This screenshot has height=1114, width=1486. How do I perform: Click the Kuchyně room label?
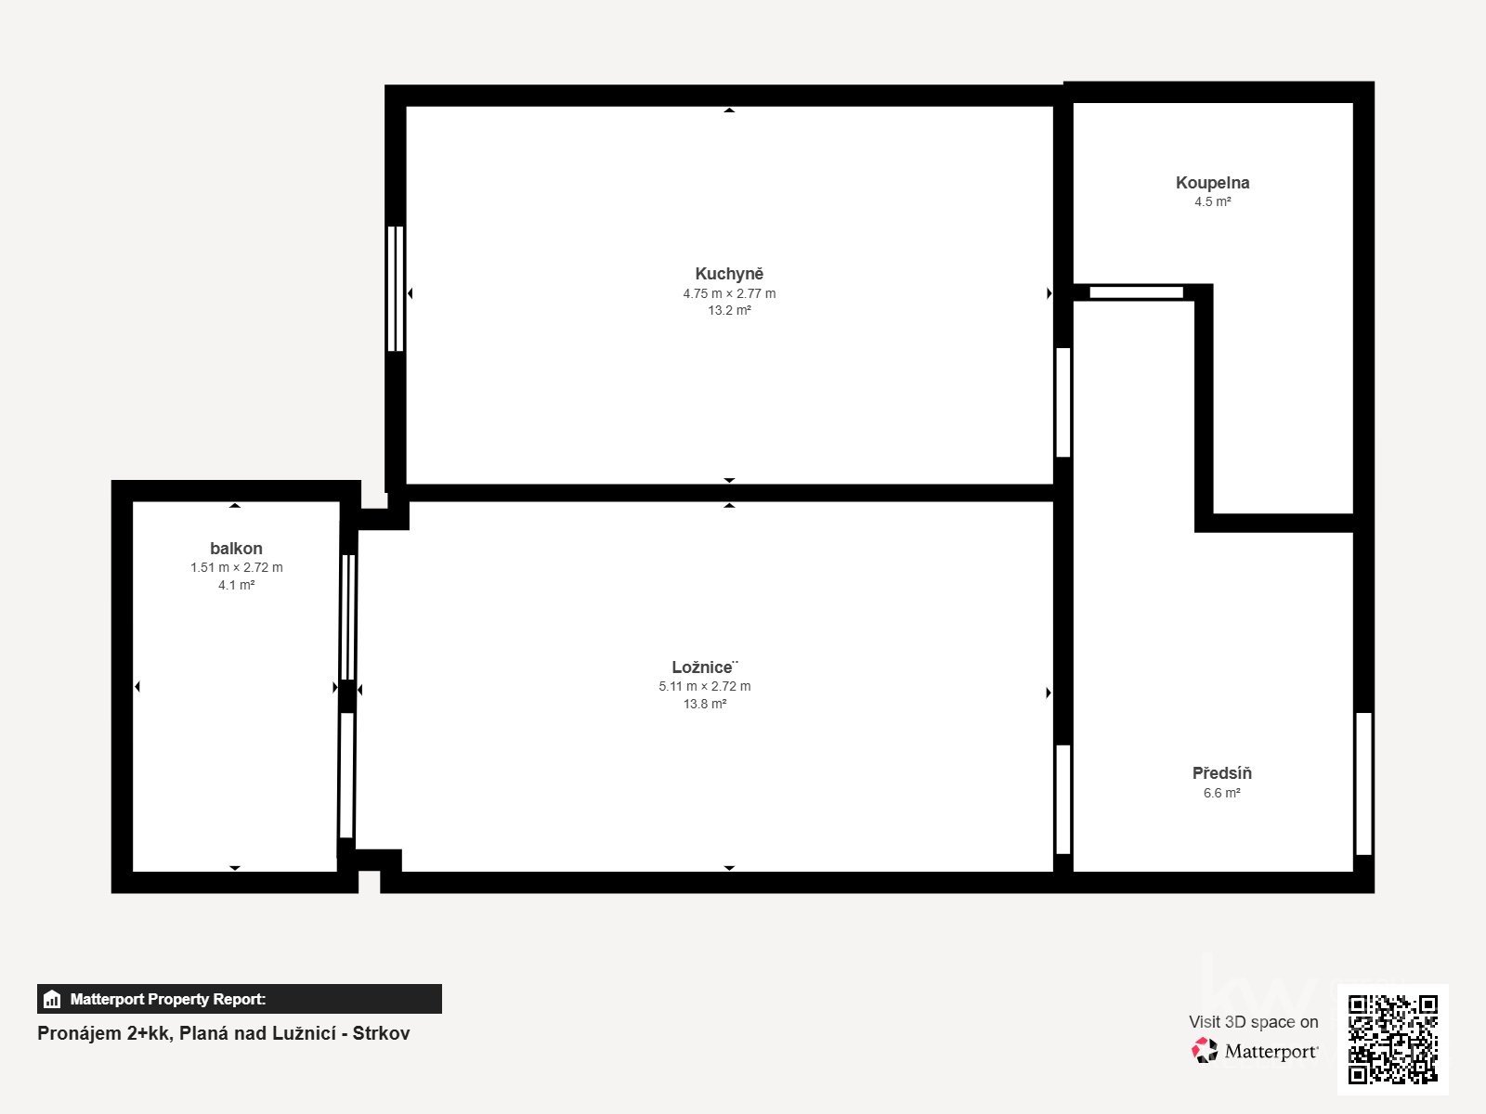tap(729, 274)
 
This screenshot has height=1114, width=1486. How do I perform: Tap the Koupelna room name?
tap(1213, 183)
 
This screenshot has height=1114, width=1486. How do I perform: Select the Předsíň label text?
tap(1222, 773)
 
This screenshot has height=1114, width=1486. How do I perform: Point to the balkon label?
tap(236, 549)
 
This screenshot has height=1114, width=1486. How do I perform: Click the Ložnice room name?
tap(705, 667)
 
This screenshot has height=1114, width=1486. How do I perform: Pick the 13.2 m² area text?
tap(730, 310)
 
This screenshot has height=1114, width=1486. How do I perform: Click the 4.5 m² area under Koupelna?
tap(1213, 201)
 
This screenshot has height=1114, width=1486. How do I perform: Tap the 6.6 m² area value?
tap(1222, 793)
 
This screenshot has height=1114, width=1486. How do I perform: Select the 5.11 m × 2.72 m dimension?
tap(705, 687)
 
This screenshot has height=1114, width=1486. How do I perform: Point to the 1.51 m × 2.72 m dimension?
tap(236, 567)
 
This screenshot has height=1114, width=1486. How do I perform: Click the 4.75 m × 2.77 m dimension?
tap(729, 293)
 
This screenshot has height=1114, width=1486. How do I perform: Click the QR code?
tap(1393, 1039)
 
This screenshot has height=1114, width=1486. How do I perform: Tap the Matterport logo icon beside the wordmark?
tap(1205, 1051)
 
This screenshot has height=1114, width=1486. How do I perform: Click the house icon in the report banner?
tap(52, 999)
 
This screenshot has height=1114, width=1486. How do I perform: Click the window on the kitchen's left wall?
tap(396, 289)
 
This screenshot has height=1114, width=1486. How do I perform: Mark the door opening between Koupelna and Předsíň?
tap(1136, 292)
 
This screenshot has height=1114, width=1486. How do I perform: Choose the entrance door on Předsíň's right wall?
tap(1363, 784)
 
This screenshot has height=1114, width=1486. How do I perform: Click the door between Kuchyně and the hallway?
tap(1062, 403)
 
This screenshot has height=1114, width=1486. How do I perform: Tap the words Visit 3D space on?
tap(1253, 1022)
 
